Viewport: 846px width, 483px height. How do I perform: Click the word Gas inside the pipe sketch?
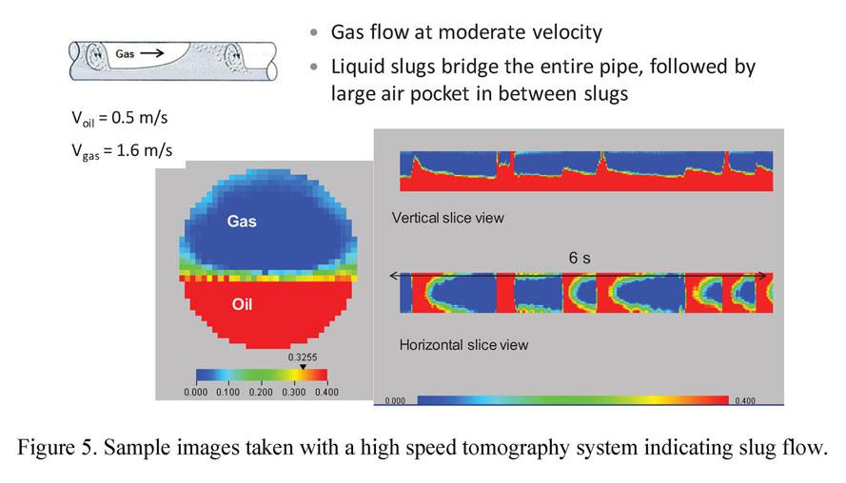125,54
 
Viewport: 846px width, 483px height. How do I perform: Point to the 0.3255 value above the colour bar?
303,357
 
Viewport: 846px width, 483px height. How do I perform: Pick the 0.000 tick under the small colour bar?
195,391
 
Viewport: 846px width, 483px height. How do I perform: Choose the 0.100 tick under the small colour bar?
227,391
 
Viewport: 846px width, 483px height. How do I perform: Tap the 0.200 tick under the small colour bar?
261,391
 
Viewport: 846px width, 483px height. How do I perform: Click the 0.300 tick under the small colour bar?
293,391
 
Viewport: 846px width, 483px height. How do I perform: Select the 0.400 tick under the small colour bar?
325,391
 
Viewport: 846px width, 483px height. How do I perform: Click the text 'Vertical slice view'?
447,218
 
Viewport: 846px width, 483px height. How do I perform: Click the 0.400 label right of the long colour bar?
745,401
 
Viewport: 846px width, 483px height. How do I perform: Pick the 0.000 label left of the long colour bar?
396,401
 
